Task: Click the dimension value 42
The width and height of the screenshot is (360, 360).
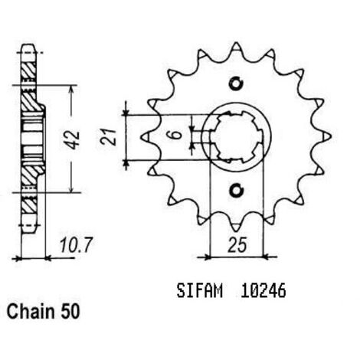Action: coord(72,139)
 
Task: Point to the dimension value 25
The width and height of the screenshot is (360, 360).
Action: coord(237,245)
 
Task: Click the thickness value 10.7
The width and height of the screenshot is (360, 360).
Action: coord(75,245)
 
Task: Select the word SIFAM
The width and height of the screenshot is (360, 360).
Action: coord(199,291)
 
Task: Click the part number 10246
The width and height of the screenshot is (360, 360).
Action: coord(263,291)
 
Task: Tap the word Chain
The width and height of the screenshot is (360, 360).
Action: coord(31,312)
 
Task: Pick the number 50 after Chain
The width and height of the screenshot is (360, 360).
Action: coord(70,312)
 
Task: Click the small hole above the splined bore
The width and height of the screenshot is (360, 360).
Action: coord(236,83)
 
